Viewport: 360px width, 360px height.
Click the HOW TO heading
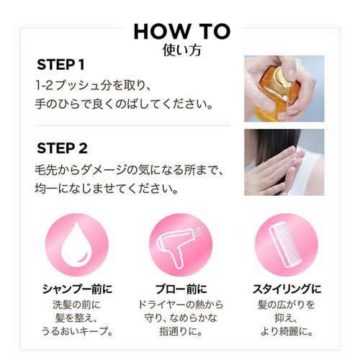(181, 31)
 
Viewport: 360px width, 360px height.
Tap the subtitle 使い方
(181, 50)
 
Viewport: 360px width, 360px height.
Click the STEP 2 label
(62, 150)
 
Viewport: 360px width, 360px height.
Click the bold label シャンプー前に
(76, 289)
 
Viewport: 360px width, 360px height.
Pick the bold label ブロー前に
(180, 289)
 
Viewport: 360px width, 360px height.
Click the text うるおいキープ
(76, 331)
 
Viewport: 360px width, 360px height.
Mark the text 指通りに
(180, 331)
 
